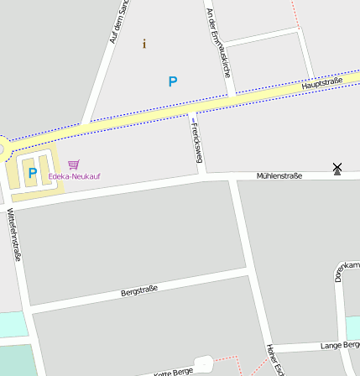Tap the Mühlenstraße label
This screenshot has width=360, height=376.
tap(279, 175)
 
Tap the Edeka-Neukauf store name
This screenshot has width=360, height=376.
tap(74, 176)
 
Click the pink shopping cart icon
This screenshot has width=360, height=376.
tap(74, 164)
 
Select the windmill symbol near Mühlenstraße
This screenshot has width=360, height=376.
tap(337, 169)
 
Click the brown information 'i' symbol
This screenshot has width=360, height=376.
tap(143, 44)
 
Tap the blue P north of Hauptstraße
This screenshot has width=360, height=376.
tap(173, 82)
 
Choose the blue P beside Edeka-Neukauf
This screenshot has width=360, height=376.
tap(32, 173)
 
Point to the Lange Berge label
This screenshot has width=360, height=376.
tap(340, 345)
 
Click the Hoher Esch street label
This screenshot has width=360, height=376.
tap(274, 359)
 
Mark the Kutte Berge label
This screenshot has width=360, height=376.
tap(175, 371)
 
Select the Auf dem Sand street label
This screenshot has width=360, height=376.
tap(120, 22)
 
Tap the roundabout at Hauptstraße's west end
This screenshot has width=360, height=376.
tap(3, 149)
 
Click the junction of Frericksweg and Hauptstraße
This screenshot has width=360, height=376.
tap(192, 110)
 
